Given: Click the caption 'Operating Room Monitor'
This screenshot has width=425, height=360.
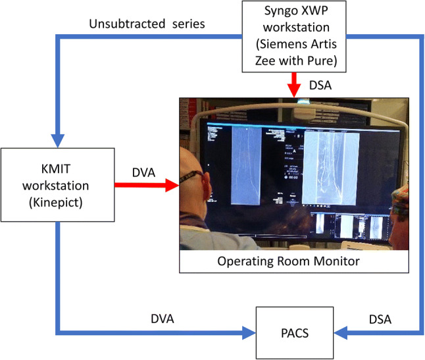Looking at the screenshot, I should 290,261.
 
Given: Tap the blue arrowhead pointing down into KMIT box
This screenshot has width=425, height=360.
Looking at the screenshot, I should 57,139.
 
